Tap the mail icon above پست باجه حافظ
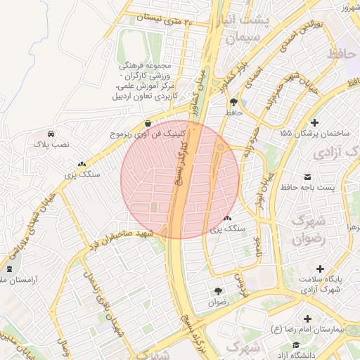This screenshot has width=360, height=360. point(307,176)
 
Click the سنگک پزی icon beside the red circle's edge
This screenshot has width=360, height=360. point(226,219)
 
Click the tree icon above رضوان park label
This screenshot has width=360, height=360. point(218,291)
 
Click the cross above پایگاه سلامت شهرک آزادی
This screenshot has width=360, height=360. point(321,269)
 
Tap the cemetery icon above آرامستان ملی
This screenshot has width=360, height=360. point(9,269)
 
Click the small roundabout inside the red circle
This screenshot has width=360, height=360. point(221,147)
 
